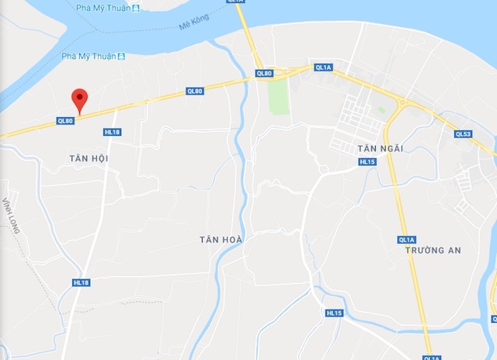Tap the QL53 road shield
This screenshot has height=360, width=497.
463,134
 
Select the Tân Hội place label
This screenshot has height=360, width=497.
87,158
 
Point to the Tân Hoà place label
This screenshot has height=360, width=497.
221,240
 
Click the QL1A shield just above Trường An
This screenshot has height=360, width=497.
407,239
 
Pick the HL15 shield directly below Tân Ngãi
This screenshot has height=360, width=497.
367,161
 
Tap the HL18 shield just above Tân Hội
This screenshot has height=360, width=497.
113,132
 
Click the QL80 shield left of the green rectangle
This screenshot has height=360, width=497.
264,74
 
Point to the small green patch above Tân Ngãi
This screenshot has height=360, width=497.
381,110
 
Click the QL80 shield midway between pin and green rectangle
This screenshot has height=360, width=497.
195,92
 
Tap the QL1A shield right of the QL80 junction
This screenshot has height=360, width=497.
324,67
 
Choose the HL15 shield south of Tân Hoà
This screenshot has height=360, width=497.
334,313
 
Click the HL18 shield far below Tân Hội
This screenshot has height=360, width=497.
82,283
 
